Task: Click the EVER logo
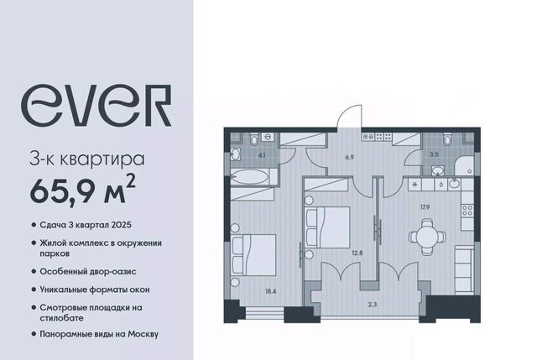[96, 106]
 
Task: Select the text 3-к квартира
[87, 159]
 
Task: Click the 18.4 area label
[270, 291]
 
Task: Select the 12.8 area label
[357, 253]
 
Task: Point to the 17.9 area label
[425, 206]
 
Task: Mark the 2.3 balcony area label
[373, 304]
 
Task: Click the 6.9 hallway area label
[349, 157]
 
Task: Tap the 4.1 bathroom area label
[262, 154]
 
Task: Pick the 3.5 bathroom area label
[434, 154]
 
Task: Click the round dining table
[427, 237]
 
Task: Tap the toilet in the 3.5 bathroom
[447, 140]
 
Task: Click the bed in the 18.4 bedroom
[253, 255]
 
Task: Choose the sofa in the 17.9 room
[464, 269]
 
